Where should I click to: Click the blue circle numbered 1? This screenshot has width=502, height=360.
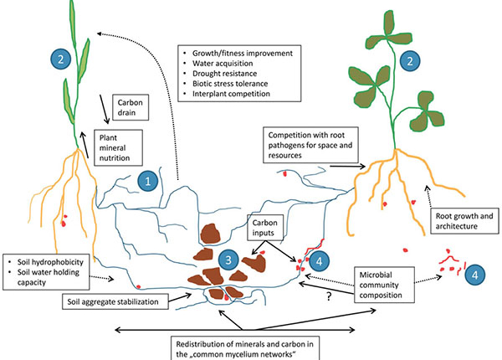(148, 179)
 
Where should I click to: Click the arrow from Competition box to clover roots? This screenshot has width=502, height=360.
(346, 166)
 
